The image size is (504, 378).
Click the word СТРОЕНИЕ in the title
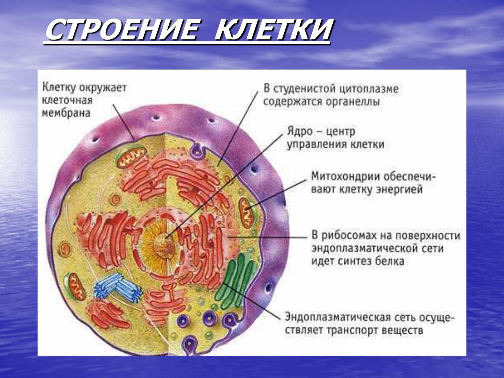[x=122, y=30]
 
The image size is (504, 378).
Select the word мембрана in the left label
[x=66, y=113]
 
